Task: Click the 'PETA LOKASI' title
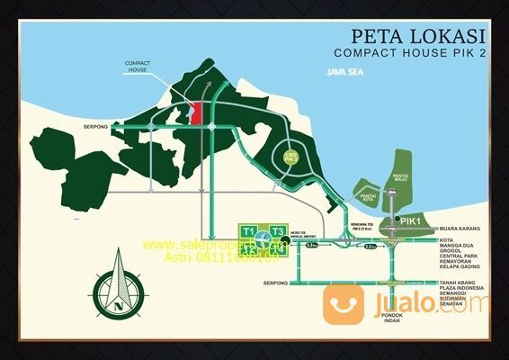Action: click(x=420, y=38)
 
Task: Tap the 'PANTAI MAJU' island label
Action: click(x=400, y=183)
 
